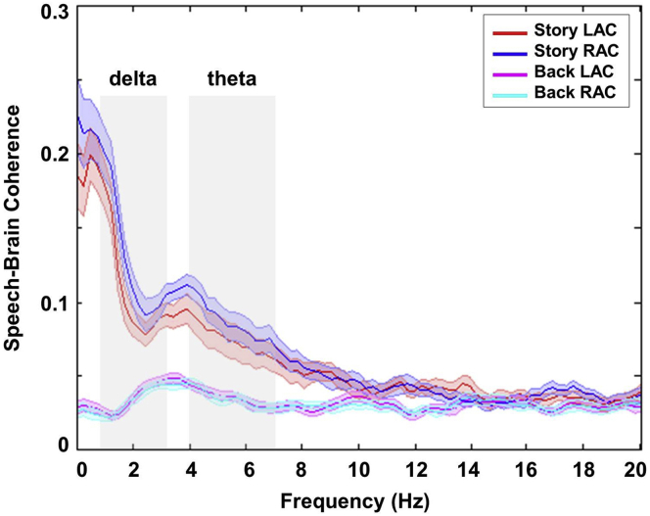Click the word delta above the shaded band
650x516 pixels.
132,79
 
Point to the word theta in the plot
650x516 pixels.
231,79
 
